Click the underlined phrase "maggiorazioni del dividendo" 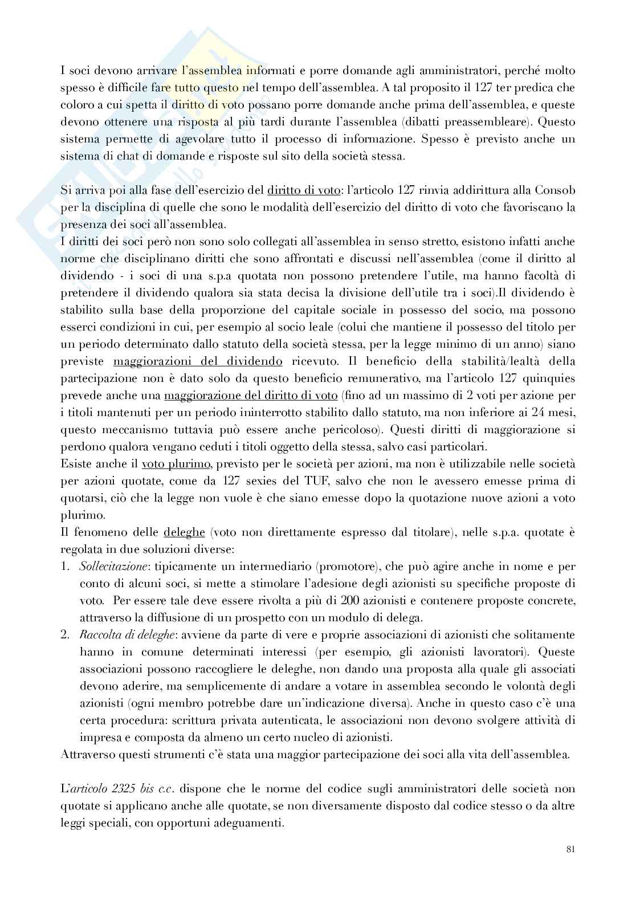198,361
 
